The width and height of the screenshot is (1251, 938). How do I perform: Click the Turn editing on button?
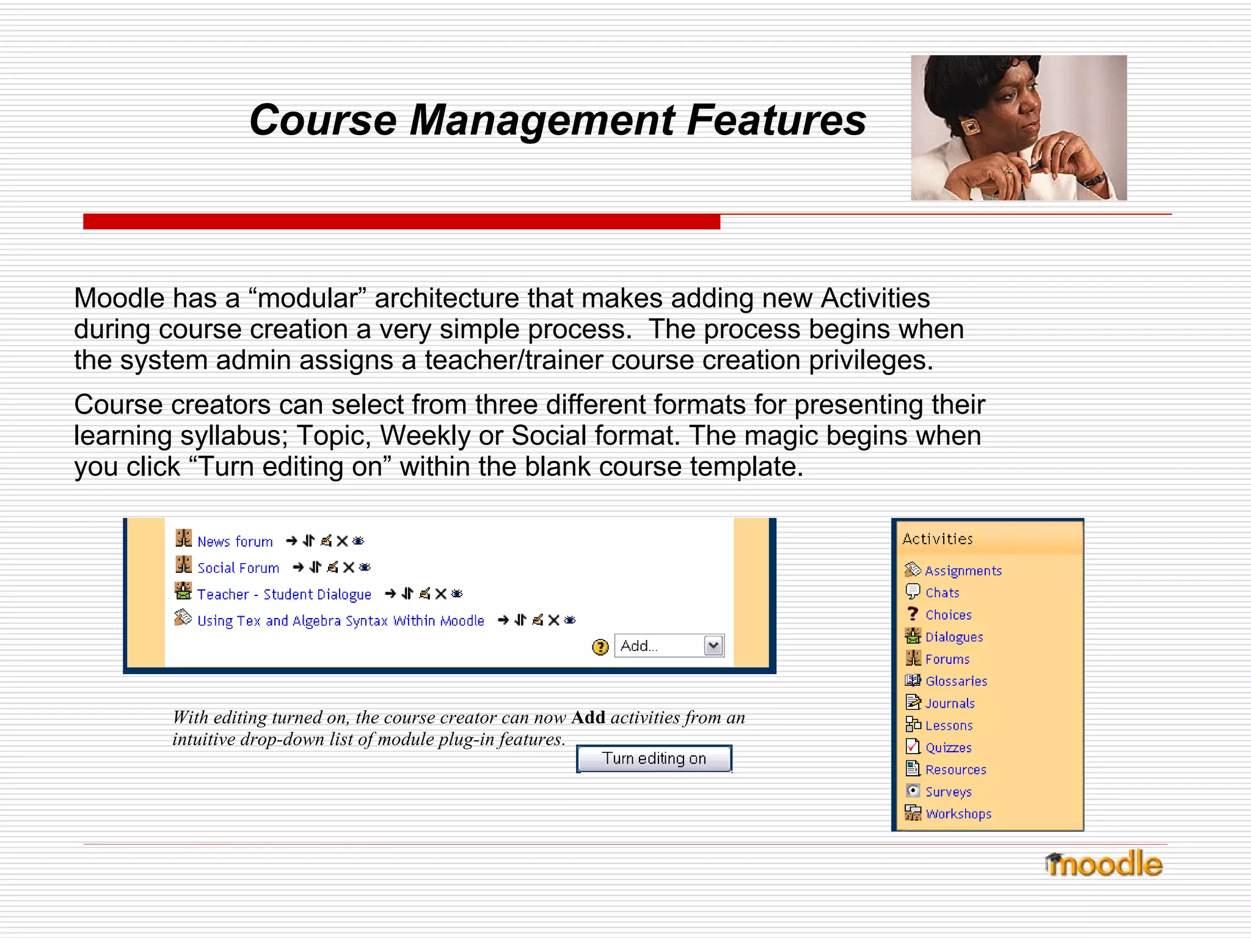654,758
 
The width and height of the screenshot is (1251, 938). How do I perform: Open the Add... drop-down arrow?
713,645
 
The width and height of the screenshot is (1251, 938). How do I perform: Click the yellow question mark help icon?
600,647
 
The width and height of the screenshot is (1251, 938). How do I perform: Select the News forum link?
235,542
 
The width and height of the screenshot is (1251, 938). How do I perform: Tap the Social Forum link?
238,568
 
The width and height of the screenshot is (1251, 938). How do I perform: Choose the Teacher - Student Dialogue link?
284,594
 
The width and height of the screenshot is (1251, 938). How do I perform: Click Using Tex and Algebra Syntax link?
340,621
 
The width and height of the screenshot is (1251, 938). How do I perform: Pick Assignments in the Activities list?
963,571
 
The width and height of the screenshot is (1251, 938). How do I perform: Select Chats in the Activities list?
942,593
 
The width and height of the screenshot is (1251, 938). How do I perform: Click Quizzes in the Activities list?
948,748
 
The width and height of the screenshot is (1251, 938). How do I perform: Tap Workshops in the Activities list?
958,814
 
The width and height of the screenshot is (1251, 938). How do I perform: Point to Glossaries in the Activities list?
956,682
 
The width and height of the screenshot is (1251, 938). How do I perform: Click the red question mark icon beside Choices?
913,614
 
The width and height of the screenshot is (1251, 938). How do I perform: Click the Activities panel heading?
937,539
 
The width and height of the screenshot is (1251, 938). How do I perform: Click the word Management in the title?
542,120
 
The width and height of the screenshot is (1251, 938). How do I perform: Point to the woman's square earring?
970,126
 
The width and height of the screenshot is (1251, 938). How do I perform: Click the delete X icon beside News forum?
342,541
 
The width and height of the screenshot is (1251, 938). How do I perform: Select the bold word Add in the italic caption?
588,718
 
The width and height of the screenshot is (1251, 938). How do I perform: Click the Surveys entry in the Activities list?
948,792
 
